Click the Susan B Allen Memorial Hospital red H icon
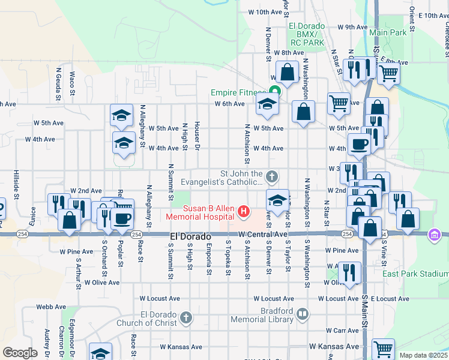244,211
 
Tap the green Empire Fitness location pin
275,92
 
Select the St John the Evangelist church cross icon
273,176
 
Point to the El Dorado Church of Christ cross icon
186,318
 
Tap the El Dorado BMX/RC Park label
306,34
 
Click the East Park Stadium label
416,274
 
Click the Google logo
19,353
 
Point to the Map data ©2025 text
423,355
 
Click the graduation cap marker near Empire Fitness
267,104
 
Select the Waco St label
72,84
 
